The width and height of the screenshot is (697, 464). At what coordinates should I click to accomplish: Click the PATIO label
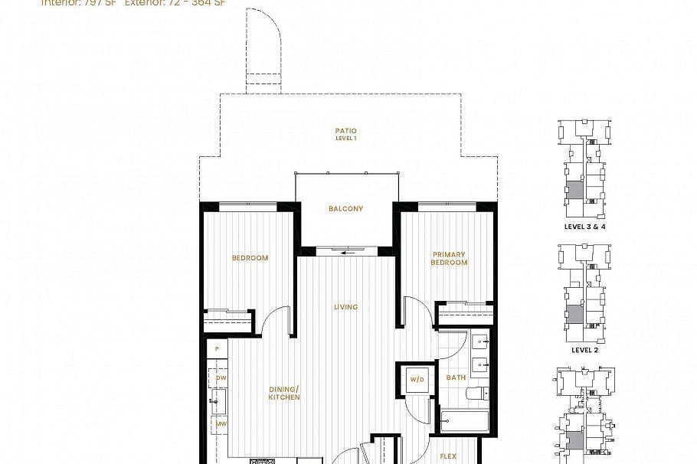(x=345, y=131)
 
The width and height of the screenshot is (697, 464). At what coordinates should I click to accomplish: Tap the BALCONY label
(x=345, y=208)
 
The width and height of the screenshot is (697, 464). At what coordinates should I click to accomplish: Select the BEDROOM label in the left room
(x=250, y=258)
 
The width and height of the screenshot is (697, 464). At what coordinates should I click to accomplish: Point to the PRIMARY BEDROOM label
(x=449, y=259)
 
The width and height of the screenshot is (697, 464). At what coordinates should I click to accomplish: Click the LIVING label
(x=345, y=307)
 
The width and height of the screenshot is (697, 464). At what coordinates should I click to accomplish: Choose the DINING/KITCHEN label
(x=283, y=394)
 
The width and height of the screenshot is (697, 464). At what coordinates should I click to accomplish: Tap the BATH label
(x=456, y=377)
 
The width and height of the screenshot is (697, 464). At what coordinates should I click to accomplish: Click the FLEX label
(x=449, y=456)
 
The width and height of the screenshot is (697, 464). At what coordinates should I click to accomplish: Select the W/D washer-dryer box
(x=417, y=379)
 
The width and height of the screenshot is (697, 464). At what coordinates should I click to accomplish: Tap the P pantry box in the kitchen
(x=218, y=349)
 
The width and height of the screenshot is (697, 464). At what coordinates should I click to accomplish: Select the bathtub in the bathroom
(x=464, y=422)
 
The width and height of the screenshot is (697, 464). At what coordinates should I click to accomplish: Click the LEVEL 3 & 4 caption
(x=584, y=227)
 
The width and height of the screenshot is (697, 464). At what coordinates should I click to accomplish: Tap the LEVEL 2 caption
(x=584, y=350)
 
